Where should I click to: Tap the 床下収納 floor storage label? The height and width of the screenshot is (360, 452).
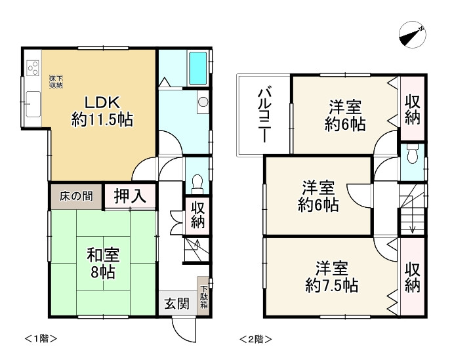tap(56, 81)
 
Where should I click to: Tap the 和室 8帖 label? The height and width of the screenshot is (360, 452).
tap(102, 262)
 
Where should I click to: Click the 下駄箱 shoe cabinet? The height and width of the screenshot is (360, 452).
tap(204, 296)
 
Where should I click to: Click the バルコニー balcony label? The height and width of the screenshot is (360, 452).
tap(264, 115)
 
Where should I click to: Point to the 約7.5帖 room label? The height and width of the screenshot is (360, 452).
tap(331, 277)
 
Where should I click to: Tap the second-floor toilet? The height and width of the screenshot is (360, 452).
tap(411, 156)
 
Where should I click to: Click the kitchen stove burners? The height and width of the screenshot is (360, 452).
tap(31, 66)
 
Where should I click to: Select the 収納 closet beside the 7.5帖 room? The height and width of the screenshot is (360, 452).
tap(412, 277)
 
